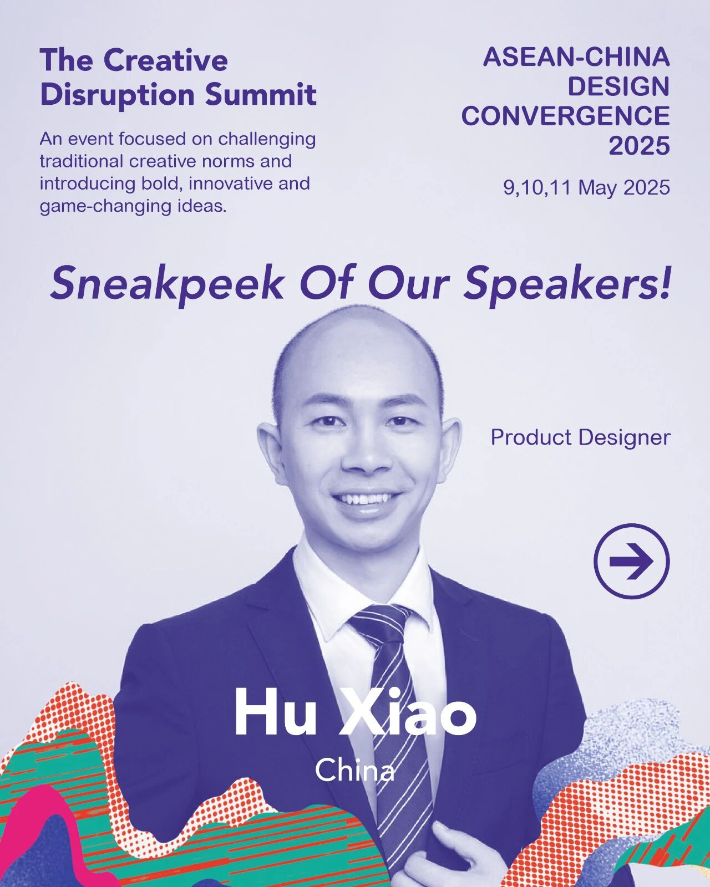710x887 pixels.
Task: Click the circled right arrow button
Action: [x=631, y=561]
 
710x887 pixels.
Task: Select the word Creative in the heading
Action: [x=168, y=60]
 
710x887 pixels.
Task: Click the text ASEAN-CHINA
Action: [x=576, y=57]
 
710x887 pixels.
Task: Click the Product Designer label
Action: [x=580, y=437]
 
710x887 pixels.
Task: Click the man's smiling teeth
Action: [x=365, y=499]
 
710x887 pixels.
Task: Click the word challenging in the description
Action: [x=267, y=140]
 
